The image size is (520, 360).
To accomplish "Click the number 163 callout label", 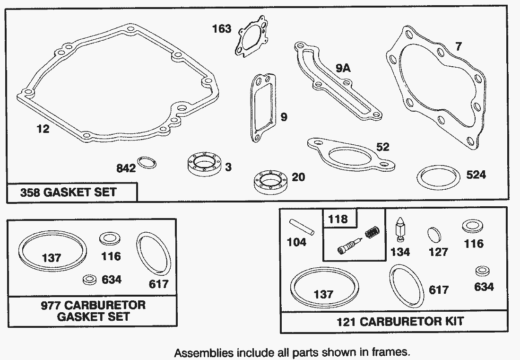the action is click(222, 29).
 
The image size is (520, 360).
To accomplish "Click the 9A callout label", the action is click(343, 68).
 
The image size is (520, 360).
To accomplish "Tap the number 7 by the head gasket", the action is click(459, 46).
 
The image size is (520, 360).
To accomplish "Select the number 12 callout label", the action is click(43, 129).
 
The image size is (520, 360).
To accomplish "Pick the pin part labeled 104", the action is click(302, 227).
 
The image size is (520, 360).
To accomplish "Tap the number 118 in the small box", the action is click(338, 219).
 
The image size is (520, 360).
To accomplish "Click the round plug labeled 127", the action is click(434, 235).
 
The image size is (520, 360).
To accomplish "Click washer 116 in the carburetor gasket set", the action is click(110, 239).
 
